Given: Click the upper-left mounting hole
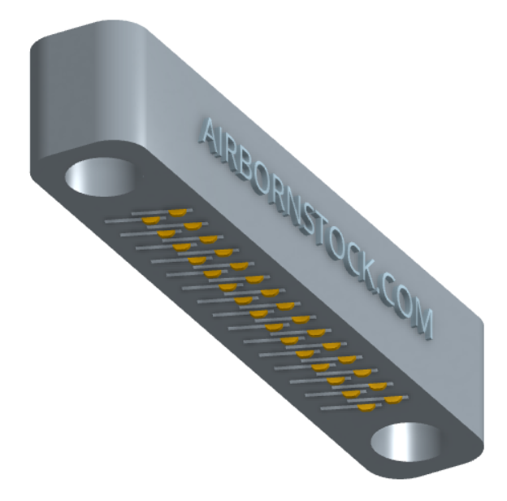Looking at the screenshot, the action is [101, 176].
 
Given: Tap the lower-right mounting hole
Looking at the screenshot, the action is [406, 442].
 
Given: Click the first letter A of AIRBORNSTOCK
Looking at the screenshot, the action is [209, 136].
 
